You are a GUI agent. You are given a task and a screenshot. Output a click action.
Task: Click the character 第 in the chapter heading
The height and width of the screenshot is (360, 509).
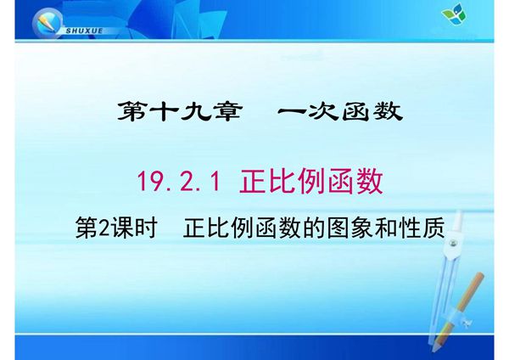pos(130,112)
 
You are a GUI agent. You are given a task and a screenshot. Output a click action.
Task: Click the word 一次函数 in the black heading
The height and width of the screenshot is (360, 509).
pos(340,112)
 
